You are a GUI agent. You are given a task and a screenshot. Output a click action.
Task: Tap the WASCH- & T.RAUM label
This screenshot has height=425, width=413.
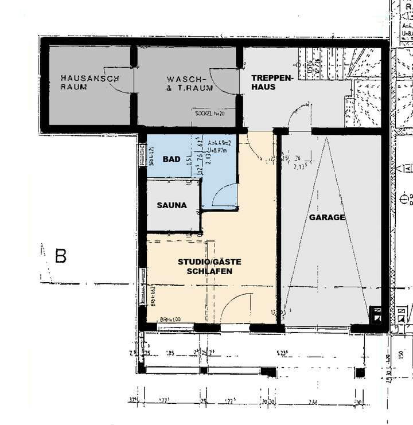click(190, 83)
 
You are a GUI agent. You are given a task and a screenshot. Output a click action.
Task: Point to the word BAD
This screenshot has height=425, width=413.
click(172, 159)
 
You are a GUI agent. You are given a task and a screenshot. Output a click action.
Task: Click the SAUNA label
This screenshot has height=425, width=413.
click(173, 205)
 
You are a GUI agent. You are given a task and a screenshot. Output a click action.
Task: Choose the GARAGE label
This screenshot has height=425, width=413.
click(327, 217)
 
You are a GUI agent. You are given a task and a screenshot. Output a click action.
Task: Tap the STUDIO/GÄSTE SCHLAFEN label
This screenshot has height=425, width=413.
click(209, 266)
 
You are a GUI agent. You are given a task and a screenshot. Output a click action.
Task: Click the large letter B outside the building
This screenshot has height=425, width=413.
click(60, 256)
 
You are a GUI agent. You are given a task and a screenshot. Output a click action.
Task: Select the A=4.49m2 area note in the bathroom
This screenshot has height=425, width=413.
click(220, 142)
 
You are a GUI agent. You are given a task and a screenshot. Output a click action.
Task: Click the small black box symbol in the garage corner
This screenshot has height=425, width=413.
click(377, 314)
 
